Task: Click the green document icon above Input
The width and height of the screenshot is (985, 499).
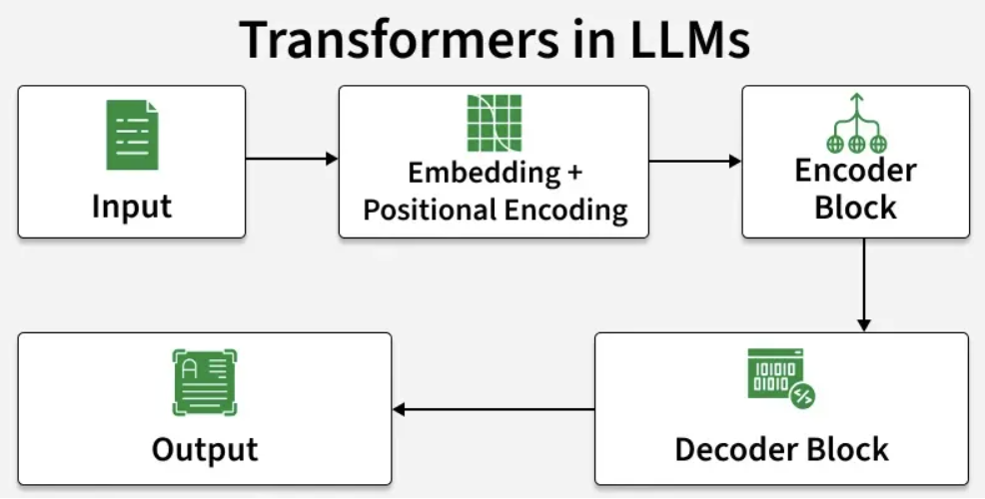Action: (x=132, y=135)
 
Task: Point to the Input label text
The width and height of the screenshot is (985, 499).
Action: (x=132, y=207)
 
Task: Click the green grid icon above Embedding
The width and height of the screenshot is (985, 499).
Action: (x=493, y=123)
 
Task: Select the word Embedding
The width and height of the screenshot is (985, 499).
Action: (x=484, y=173)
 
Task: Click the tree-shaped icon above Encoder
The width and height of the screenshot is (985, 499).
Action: (x=855, y=122)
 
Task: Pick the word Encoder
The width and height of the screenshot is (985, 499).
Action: (x=855, y=171)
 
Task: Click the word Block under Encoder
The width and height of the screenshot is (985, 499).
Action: (x=855, y=208)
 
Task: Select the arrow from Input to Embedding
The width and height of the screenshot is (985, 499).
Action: (x=292, y=159)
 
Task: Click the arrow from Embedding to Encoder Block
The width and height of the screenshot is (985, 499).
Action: (x=695, y=160)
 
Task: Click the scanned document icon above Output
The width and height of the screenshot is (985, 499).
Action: (x=205, y=382)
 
